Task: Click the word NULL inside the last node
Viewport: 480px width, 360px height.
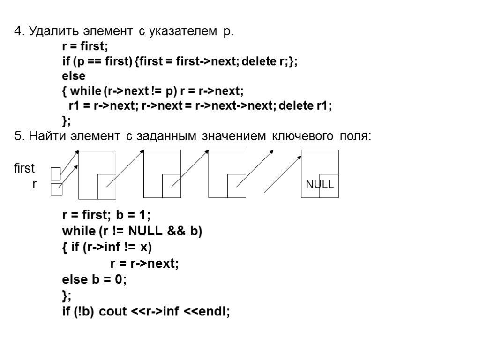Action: click(320, 185)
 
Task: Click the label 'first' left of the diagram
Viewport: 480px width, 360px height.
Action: click(24, 168)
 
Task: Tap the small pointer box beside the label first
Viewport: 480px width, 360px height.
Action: click(56, 174)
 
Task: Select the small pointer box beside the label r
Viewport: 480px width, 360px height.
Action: click(56, 189)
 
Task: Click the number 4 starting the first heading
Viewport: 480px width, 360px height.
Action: click(18, 32)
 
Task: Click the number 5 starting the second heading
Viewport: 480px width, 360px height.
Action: click(18, 136)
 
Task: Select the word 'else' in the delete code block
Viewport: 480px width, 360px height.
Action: click(74, 75)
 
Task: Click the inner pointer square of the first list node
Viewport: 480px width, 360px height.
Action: click(106, 186)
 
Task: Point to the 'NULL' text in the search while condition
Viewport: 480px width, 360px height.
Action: click(145, 232)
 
